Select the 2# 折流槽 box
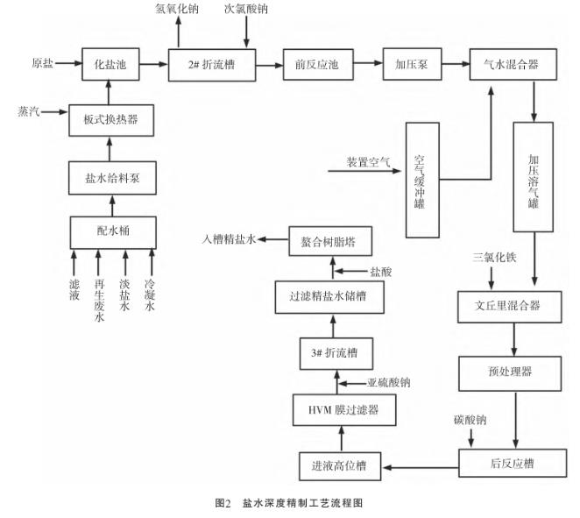click(x=213, y=63)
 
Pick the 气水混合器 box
click(x=513, y=63)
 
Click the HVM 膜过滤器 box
click(x=336, y=408)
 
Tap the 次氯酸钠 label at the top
click(x=247, y=10)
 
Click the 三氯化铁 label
click(x=493, y=259)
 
